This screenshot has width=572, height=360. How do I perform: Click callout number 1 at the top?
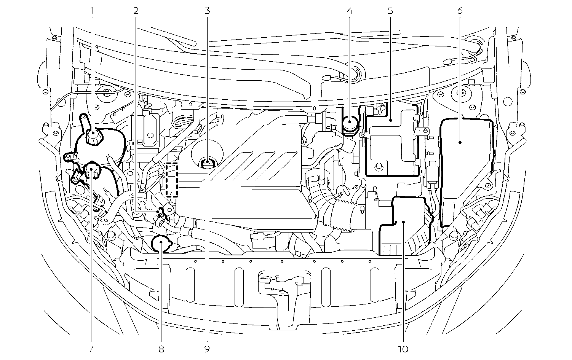click(92, 11)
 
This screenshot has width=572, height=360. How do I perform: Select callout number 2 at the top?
click(136, 11)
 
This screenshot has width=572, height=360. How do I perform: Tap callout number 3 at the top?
click(207, 11)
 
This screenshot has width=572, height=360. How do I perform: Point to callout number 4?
click(350, 11)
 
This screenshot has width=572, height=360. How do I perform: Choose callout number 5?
click(390, 11)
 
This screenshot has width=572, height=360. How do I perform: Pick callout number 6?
click(460, 11)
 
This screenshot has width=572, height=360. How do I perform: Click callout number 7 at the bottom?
click(91, 349)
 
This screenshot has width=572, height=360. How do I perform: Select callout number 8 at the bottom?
click(161, 349)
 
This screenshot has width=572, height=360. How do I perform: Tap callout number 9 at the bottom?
click(207, 349)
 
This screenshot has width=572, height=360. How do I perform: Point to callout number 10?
click(403, 349)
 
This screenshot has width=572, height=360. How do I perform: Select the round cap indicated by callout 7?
click(92, 169)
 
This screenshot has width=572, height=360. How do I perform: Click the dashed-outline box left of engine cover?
click(172, 179)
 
